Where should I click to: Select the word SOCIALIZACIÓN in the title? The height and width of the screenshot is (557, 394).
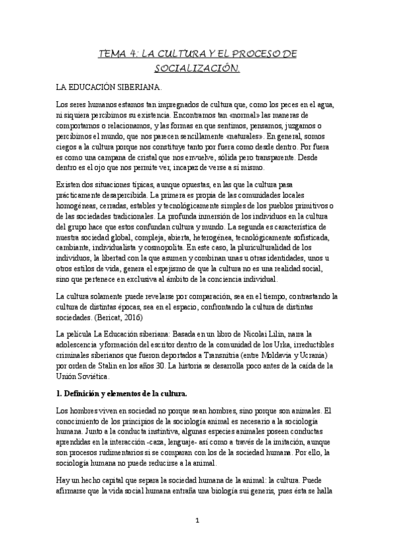click(x=197, y=68)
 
